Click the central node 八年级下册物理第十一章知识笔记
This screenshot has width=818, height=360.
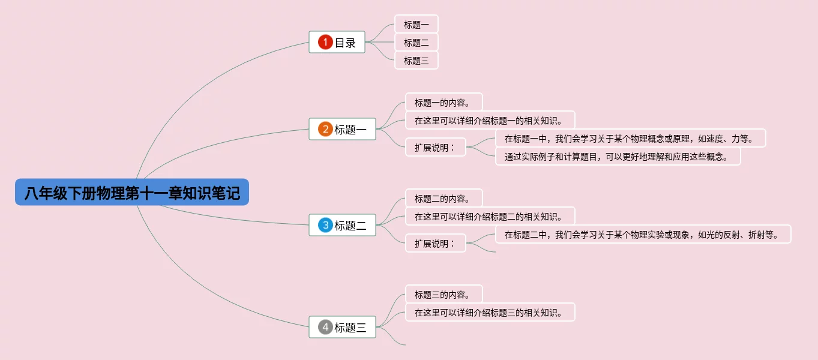132,193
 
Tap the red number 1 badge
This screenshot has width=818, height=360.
325,42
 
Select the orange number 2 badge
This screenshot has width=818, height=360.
325,129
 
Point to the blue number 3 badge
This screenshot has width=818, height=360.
325,225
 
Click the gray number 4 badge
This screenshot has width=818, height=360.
325,327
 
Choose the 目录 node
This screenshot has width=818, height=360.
344,43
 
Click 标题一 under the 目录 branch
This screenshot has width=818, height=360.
416,25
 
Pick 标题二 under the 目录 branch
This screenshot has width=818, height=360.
416,43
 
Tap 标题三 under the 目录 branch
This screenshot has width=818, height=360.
416,61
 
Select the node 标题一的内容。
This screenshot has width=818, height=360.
444,102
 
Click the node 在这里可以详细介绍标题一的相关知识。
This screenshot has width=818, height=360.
490,120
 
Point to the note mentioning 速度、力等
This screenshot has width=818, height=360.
630,139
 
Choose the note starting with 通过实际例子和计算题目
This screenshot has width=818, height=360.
618,157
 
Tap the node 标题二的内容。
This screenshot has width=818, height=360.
444,199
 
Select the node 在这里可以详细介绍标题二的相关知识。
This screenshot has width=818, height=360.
490,216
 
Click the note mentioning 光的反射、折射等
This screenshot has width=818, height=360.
643,235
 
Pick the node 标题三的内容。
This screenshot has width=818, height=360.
444,294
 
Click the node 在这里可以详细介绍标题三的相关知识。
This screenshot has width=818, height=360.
490,312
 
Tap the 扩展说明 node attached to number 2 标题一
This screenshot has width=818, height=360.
435,147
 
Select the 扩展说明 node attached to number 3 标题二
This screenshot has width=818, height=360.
435,243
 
